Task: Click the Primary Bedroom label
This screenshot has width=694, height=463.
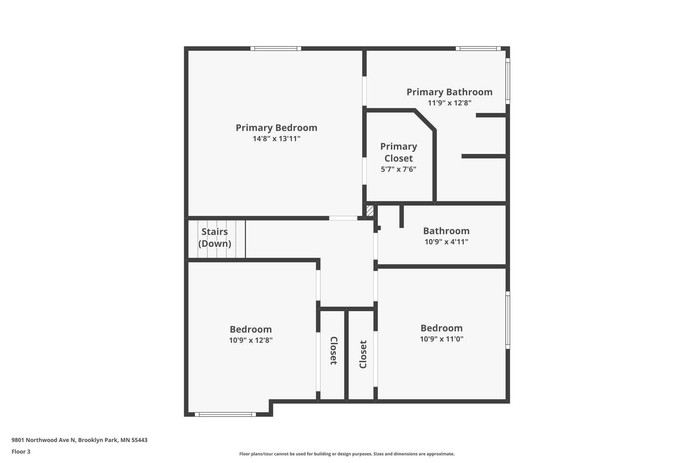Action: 277,128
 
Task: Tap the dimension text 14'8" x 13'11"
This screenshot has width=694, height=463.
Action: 277,139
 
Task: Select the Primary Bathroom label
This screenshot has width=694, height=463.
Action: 449,92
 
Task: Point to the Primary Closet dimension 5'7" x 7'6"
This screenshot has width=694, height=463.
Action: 399,169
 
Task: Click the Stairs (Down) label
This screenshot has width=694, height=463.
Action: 215,237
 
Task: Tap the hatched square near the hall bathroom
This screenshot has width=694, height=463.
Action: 370,211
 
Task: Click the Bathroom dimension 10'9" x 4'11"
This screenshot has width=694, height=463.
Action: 446,242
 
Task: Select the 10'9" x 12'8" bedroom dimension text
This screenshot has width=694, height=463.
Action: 251,340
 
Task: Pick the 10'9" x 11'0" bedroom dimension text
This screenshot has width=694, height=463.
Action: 442,339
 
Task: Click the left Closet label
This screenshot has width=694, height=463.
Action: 333,350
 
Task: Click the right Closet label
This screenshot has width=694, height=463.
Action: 363,354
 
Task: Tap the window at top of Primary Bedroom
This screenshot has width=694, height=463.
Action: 275,49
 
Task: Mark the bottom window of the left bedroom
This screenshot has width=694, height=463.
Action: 225,414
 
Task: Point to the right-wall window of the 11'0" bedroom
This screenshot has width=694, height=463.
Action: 508,320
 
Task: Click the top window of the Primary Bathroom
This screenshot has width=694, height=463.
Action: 478,49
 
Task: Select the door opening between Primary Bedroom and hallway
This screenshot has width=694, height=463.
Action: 343,218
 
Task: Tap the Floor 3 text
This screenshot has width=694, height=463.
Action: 21,451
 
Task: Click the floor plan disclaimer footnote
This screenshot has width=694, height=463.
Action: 347,454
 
